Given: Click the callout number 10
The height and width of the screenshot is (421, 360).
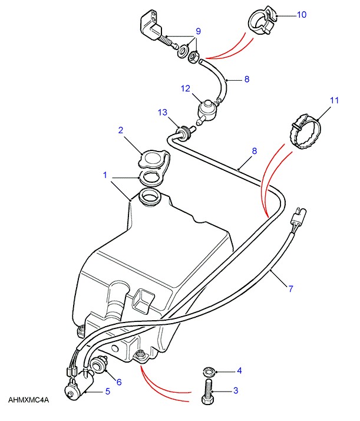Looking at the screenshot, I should click(x=301, y=14).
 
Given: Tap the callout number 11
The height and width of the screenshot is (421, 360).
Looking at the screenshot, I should click(x=334, y=101).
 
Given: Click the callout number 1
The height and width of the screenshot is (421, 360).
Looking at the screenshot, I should click(x=104, y=175).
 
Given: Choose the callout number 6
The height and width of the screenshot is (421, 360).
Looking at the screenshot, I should click(x=118, y=382).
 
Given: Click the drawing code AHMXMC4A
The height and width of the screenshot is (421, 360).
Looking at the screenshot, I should click(x=28, y=400).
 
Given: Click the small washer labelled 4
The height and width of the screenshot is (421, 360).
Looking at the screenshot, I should click(x=207, y=372).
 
